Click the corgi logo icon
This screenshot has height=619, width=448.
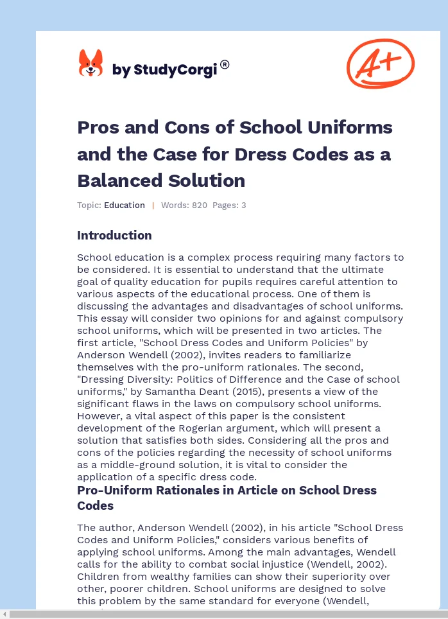coord(90,64)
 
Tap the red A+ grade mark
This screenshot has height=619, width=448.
coord(380,63)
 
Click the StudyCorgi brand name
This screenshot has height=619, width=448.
coord(165,70)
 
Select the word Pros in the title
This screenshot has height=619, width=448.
coord(97,127)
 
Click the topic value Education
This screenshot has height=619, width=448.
coord(125,205)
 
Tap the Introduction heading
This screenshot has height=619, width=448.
coord(114,236)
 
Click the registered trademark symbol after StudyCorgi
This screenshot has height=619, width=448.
coord(225,64)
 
